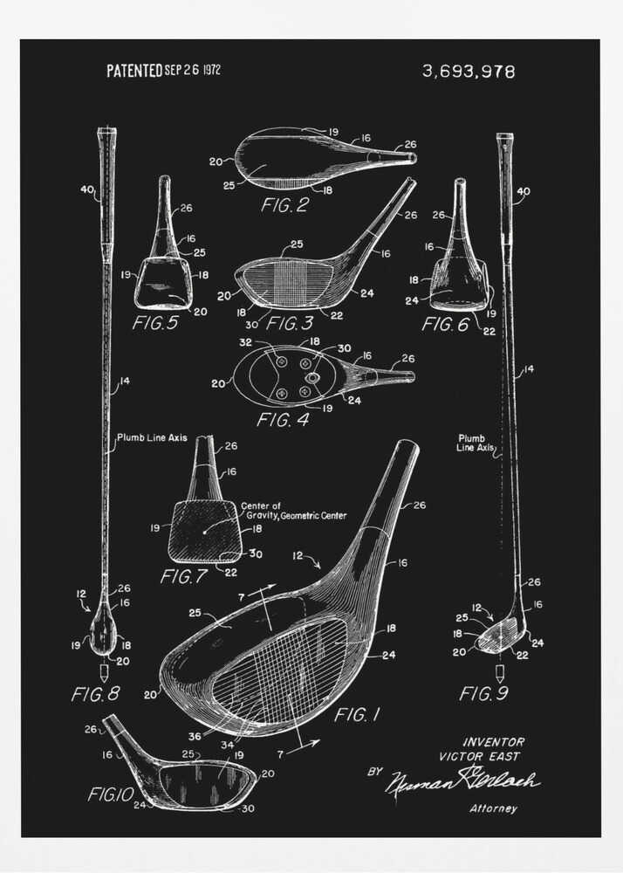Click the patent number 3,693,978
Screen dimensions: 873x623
tap(468, 72)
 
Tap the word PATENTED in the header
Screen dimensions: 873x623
tap(134, 71)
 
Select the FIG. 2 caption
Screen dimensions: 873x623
tap(285, 206)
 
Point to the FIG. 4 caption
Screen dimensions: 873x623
tap(285, 420)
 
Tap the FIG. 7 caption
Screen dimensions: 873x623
tap(188, 576)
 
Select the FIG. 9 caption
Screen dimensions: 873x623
tap(488, 694)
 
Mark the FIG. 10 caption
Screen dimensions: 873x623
tap(110, 794)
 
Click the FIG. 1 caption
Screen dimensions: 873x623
tap(357, 715)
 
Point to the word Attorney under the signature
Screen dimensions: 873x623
tap(493, 808)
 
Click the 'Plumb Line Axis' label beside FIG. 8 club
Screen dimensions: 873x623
tap(163, 437)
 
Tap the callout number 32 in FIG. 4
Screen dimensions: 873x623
tap(246, 342)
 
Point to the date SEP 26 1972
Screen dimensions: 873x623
tap(193, 71)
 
